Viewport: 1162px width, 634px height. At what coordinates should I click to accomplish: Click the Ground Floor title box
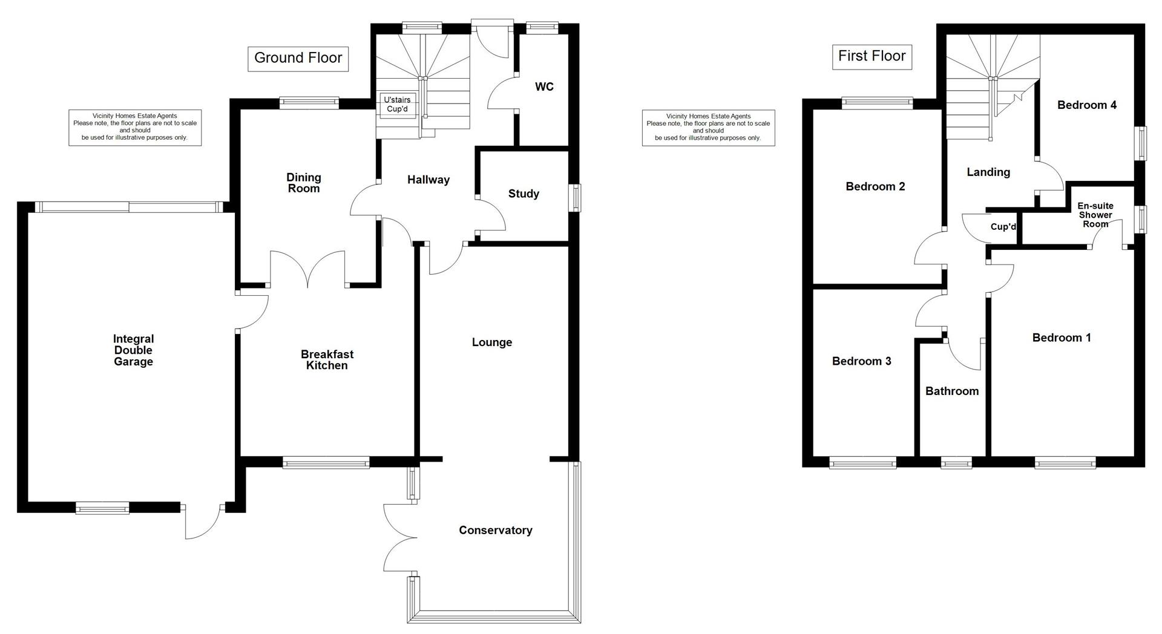(298, 58)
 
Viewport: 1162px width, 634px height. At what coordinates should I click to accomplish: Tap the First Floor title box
(871, 56)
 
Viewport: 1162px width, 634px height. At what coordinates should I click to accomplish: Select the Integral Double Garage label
(133, 350)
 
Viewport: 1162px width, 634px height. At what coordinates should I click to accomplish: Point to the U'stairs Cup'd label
(398, 104)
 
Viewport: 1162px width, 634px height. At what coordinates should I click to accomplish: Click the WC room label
(544, 87)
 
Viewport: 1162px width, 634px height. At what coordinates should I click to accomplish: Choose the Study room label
(524, 194)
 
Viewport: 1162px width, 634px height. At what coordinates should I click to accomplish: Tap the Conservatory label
(495, 531)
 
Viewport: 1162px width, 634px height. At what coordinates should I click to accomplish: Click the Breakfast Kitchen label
(327, 360)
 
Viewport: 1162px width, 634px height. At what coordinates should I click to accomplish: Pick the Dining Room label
(303, 183)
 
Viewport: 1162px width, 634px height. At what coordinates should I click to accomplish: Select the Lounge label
(491, 342)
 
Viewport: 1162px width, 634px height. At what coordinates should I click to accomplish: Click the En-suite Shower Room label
(1095, 215)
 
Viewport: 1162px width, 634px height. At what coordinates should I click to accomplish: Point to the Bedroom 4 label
(1086, 105)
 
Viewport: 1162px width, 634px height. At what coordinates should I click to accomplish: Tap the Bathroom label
(951, 391)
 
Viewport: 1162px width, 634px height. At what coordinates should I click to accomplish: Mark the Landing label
(988, 172)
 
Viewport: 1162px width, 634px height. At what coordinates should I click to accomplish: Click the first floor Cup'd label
(1003, 227)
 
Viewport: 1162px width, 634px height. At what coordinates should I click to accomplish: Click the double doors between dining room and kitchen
(308, 269)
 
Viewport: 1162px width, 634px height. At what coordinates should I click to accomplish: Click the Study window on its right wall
(576, 197)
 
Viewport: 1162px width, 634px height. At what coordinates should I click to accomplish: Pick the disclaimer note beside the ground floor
(135, 127)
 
